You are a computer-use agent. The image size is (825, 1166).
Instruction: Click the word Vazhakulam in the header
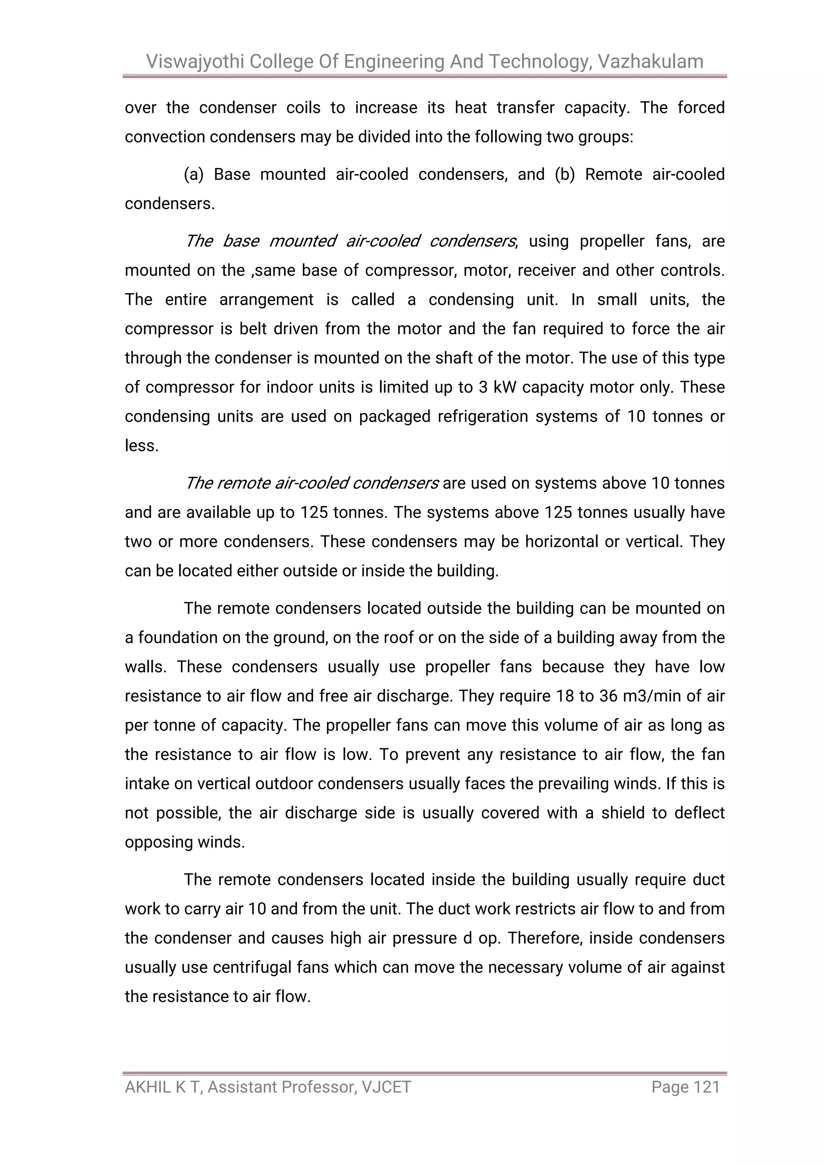pyautogui.click(x=650, y=62)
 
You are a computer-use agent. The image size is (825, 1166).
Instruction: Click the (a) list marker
pyautogui.click(x=193, y=174)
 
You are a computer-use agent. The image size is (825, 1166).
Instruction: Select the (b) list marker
pyautogui.click(x=564, y=174)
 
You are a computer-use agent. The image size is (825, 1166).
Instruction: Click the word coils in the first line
pyautogui.click(x=303, y=108)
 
